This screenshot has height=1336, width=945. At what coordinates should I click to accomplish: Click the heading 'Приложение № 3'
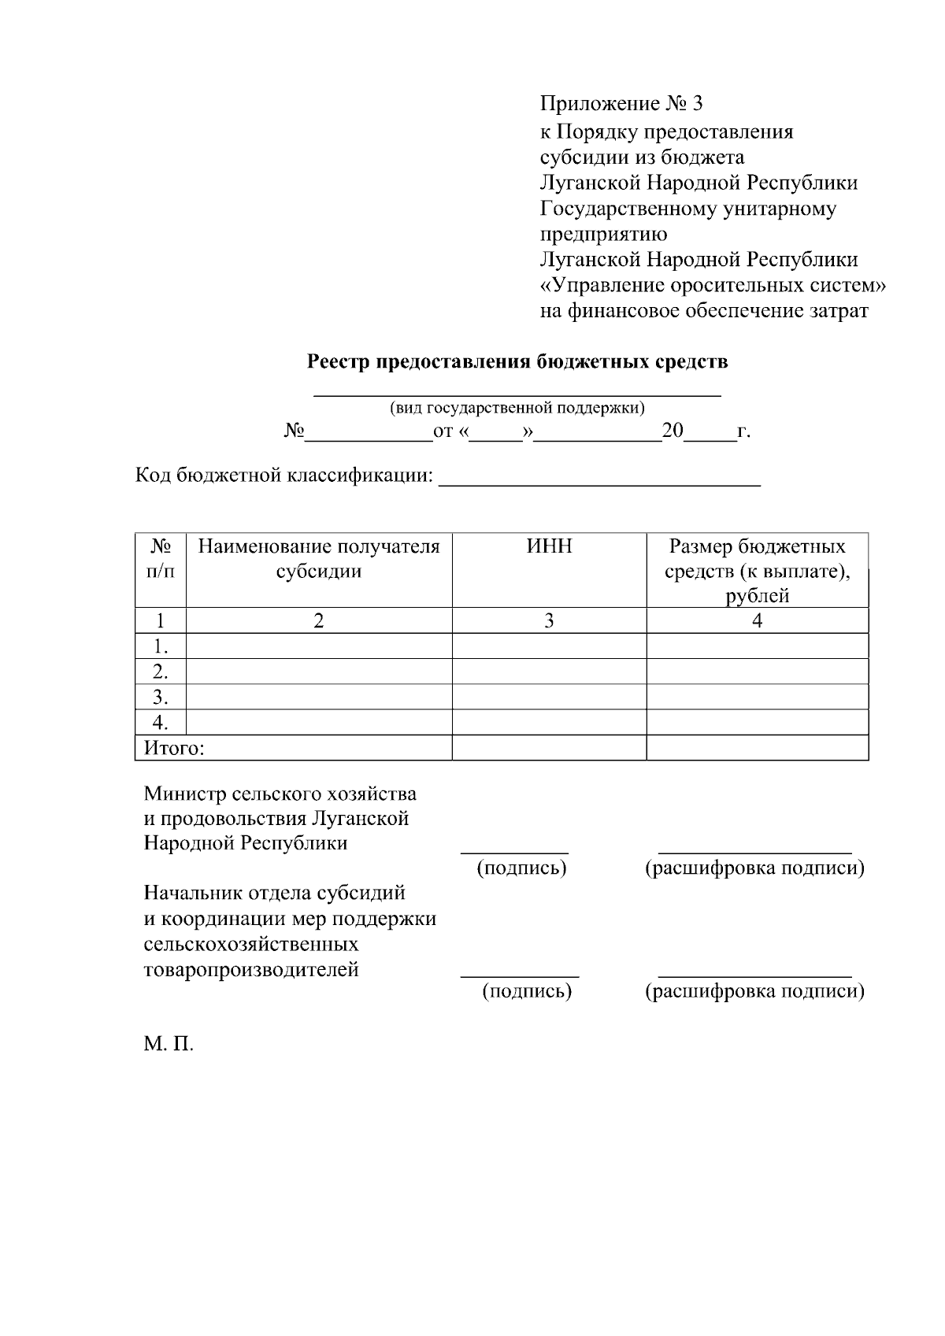click(621, 104)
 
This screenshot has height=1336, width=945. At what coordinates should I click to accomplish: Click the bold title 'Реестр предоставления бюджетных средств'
click(517, 362)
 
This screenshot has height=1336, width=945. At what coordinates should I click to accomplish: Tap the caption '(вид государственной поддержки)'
click(517, 408)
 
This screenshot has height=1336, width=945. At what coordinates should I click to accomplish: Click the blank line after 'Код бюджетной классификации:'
click(599, 479)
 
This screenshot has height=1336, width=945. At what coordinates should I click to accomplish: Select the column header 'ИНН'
click(549, 546)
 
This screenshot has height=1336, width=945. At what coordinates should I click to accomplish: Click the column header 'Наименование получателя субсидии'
click(318, 558)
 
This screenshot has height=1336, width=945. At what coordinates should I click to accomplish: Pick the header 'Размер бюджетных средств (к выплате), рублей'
click(757, 571)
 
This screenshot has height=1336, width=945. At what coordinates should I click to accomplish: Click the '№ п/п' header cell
click(160, 558)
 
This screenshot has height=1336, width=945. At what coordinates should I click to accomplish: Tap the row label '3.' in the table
click(161, 697)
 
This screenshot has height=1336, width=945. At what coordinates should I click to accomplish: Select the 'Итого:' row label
click(174, 748)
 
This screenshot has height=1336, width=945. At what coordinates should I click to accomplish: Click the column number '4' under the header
click(757, 620)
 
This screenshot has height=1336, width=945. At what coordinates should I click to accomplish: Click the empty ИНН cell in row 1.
click(549, 646)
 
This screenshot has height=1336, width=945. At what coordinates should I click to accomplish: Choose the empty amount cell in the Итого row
click(757, 748)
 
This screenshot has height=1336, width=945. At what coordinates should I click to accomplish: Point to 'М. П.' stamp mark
click(168, 1045)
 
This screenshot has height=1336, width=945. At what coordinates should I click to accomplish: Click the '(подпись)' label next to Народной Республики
click(522, 868)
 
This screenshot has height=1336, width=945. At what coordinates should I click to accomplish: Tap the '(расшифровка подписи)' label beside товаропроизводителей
click(754, 991)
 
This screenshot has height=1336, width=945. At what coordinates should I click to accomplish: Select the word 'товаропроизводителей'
click(251, 969)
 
